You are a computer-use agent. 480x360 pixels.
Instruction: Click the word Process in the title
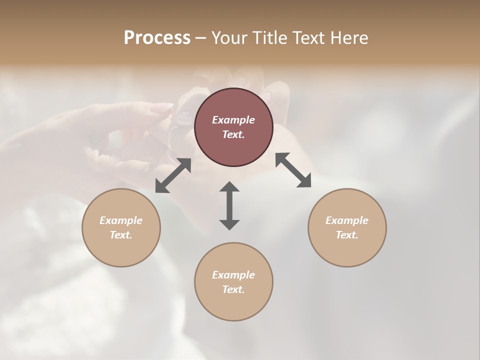[x=157, y=38]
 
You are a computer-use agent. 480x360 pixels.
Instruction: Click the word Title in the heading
[x=270, y=38]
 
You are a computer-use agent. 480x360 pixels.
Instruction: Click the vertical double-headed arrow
[x=229, y=206]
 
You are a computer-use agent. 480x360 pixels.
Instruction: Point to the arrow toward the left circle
[x=173, y=175]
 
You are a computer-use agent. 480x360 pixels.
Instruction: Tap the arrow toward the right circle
[x=293, y=170]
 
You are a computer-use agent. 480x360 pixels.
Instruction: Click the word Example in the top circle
[x=233, y=120]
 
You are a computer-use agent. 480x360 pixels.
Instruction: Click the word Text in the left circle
[x=121, y=235]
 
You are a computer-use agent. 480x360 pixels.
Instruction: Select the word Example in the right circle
[x=347, y=220]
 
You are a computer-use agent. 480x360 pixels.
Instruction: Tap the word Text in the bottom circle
[x=233, y=289]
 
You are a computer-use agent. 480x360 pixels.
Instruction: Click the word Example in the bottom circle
[x=233, y=275]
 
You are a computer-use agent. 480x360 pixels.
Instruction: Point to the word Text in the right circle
[x=347, y=235]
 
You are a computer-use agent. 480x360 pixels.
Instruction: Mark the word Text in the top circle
[x=233, y=134]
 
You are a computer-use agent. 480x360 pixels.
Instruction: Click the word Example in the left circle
[x=121, y=220]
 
